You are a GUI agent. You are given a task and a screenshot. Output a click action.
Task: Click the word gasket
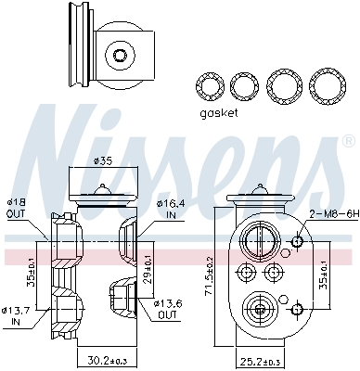(x=219, y=113)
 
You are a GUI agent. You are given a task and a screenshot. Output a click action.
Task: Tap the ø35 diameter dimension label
(x=103, y=161)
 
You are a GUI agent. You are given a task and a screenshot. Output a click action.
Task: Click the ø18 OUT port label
(x=16, y=208)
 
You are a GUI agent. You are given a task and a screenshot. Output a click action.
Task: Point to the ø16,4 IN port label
(x=171, y=209)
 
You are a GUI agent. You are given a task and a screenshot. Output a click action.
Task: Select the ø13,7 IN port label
(x=16, y=315)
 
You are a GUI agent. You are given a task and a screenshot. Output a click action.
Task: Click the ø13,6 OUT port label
(x=168, y=310)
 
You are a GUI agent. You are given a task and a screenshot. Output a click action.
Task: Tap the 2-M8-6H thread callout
(x=334, y=213)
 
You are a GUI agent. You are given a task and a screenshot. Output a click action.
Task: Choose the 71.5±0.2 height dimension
(x=210, y=275)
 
